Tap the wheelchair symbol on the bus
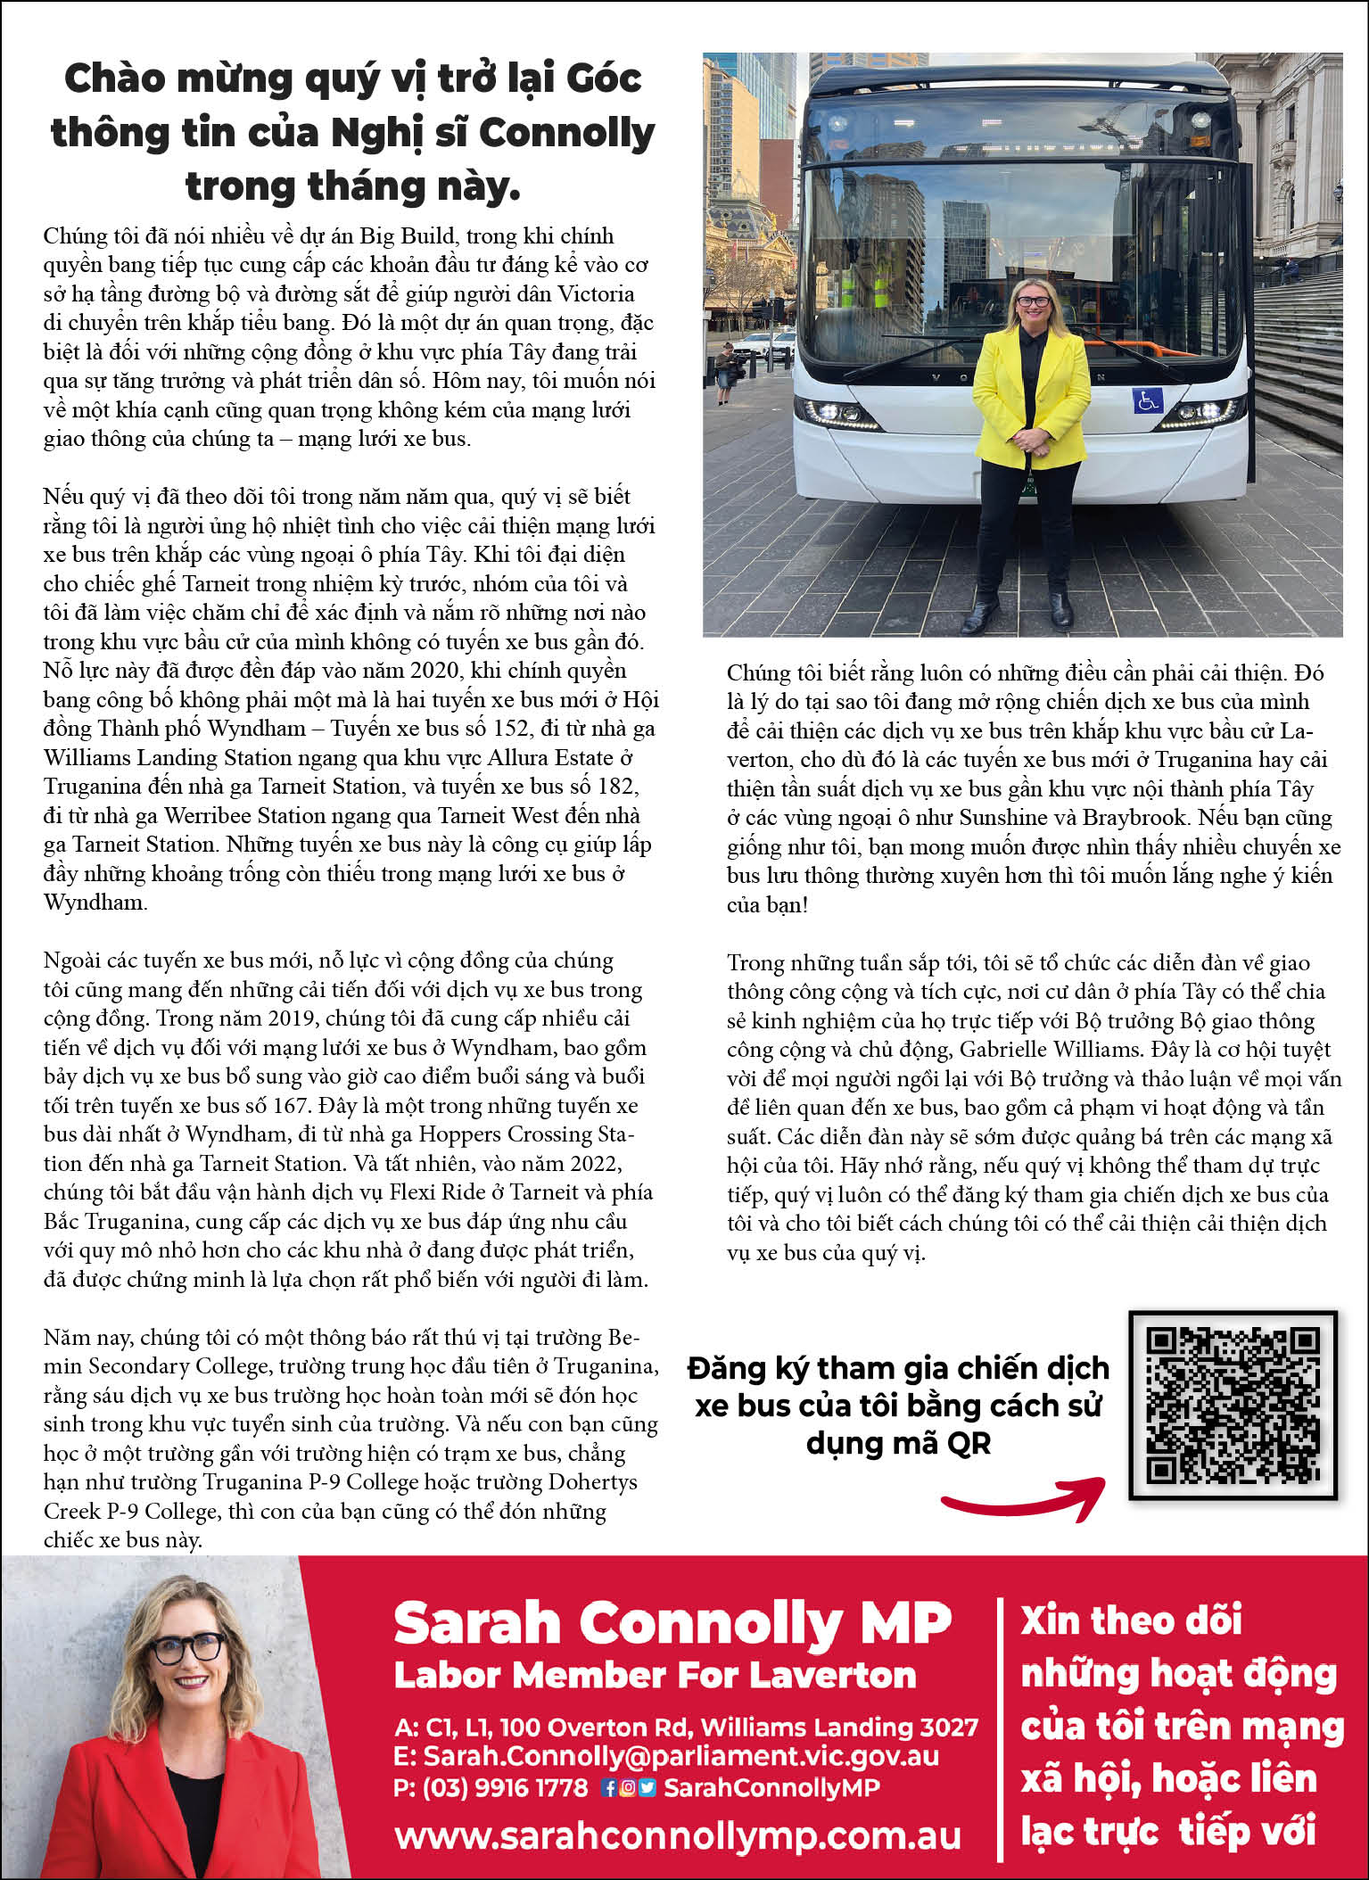click(x=1148, y=400)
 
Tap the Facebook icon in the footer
click(x=609, y=1787)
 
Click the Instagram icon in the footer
click(x=628, y=1787)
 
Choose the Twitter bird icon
click(x=647, y=1787)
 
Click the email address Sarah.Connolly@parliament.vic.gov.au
click(x=680, y=1756)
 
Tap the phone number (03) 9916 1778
click(x=505, y=1787)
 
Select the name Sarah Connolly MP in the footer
click(x=672, y=1622)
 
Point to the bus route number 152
click(x=509, y=729)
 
